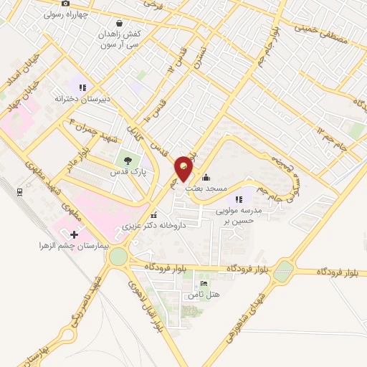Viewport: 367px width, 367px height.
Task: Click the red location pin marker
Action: pos(185,168)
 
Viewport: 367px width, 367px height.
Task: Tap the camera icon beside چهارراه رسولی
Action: pos(66,4)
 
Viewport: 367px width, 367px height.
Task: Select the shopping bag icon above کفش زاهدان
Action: pos(118,22)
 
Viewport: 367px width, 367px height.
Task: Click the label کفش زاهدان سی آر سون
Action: pos(119,39)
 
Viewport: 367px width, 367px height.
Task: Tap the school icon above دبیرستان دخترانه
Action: pos(83,87)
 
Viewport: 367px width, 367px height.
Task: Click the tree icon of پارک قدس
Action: pos(127,161)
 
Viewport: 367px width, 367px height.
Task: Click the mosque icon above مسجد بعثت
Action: pos(206,177)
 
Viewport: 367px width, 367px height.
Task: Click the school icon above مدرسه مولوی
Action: pos(239,199)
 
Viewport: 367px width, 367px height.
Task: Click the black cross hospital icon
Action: pos(73,234)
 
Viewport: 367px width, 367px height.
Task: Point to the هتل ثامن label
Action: pos(204,295)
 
